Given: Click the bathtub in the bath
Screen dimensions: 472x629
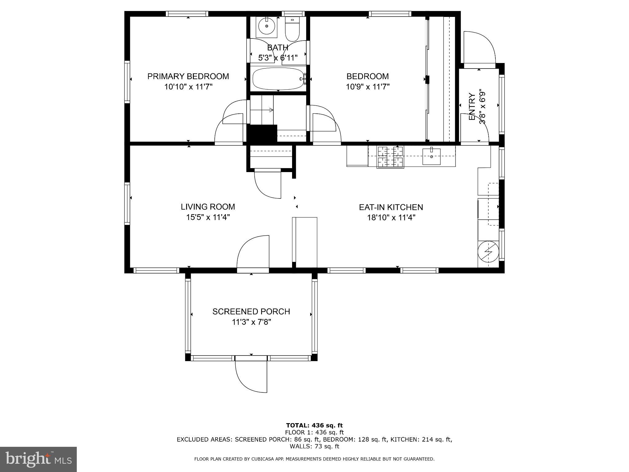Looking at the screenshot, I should pos(278,79).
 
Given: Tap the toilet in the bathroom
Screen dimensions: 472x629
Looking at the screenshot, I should pos(292,29).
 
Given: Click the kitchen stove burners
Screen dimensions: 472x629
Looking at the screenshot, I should pos(390,156).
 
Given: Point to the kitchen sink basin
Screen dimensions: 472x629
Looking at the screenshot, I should pos(431,156).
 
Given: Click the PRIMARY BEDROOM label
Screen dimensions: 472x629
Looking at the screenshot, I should pos(188,76).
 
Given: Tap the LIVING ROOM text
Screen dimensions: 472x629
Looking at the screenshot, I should pos(208,207).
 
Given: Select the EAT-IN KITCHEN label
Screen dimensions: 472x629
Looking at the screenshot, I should pos(391,207).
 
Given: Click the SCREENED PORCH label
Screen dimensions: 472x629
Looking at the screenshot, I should pos(251,312).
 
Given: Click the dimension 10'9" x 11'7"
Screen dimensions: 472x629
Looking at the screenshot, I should pos(367,87).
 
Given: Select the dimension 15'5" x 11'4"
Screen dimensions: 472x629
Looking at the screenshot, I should pos(208,217).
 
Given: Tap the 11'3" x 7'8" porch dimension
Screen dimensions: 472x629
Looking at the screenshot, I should pos(251,322).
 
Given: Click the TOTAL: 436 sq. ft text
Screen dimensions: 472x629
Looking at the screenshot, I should pos(314,425).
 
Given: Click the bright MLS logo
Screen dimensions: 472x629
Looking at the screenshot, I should pos(38,459).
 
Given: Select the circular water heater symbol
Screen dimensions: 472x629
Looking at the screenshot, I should pos(488,251).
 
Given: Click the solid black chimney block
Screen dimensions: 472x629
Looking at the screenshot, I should pos(262,133).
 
